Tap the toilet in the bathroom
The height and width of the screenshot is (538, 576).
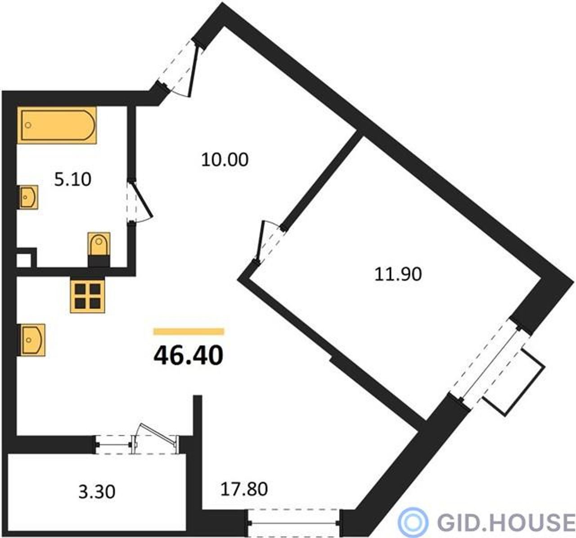pos(99,249)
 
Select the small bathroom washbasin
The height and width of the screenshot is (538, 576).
pos(29,197)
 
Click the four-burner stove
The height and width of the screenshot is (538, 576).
pos(87,296)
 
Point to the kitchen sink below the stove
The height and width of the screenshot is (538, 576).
pos(32,340)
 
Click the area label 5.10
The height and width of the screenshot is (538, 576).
pos(73,179)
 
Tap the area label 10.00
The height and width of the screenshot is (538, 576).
pos(225,160)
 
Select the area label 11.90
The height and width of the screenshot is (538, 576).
pos(398,274)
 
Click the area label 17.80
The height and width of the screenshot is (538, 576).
pos(244,489)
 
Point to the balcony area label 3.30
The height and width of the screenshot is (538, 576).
pos(97,492)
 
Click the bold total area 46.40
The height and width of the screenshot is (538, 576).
pos(189,356)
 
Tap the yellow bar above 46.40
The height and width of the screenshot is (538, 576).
pos(189,332)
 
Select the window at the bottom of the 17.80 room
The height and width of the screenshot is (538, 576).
pos(294,523)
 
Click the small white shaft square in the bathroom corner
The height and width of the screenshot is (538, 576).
pos(23,260)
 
